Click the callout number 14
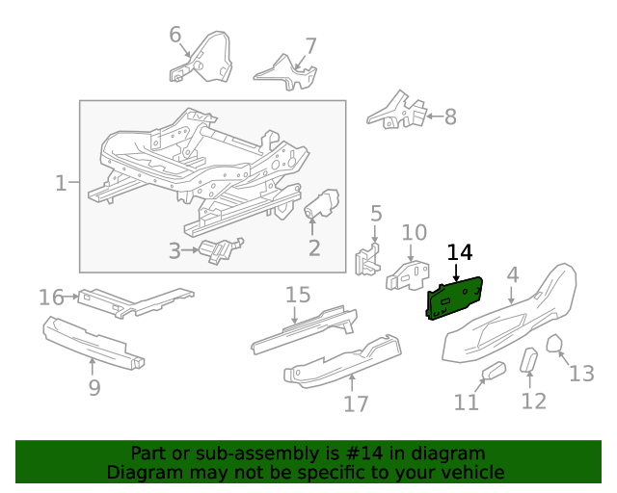460,252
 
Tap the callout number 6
175,36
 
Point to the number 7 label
310,45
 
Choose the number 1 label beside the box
61,182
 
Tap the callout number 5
376,214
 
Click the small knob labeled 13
555,344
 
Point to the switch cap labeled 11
493,371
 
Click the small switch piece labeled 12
530,360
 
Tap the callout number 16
51,298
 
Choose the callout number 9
94,388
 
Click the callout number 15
298,295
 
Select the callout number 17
356,402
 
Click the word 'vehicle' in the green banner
469,472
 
